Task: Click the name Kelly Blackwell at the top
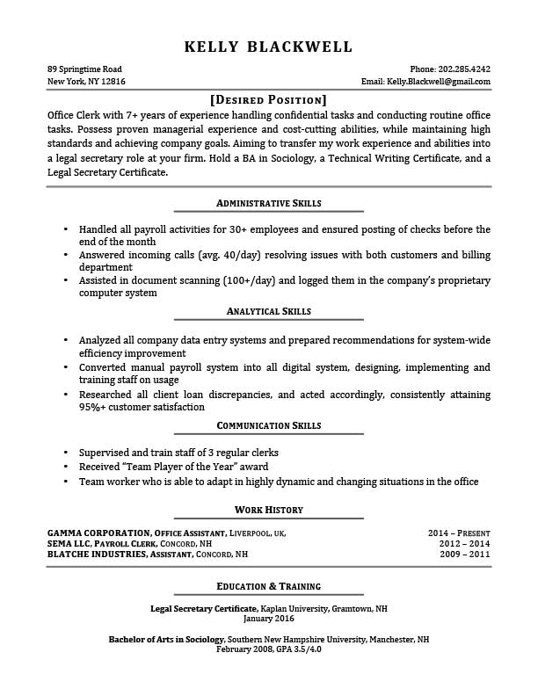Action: [268, 47]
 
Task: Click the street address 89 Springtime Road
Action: [84, 69]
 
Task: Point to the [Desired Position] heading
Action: [268, 99]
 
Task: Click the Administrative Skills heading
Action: [268, 203]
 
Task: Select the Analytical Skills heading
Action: [268, 311]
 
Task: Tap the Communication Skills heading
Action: [268, 425]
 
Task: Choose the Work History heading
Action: [268, 510]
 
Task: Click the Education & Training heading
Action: [268, 586]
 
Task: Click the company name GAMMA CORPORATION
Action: [98, 533]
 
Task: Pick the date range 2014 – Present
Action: [459, 533]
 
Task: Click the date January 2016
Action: [268, 618]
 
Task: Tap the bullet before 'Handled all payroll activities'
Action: [65, 229]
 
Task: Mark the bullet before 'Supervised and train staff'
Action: [65, 453]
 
